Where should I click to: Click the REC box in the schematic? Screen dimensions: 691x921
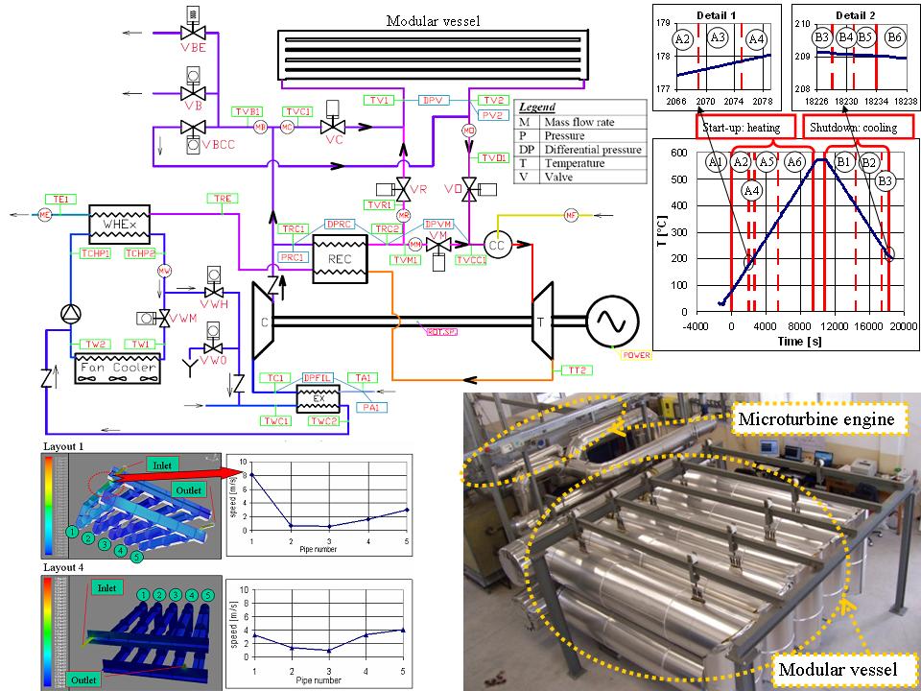[x=341, y=261]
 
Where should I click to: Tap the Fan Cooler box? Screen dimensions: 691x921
[x=114, y=366]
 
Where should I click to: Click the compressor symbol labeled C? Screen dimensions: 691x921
[x=262, y=322]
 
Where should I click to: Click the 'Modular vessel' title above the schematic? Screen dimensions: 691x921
[x=434, y=21]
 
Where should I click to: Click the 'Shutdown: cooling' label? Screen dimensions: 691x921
[x=853, y=127]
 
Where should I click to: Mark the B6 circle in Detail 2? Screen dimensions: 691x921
[x=894, y=37]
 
